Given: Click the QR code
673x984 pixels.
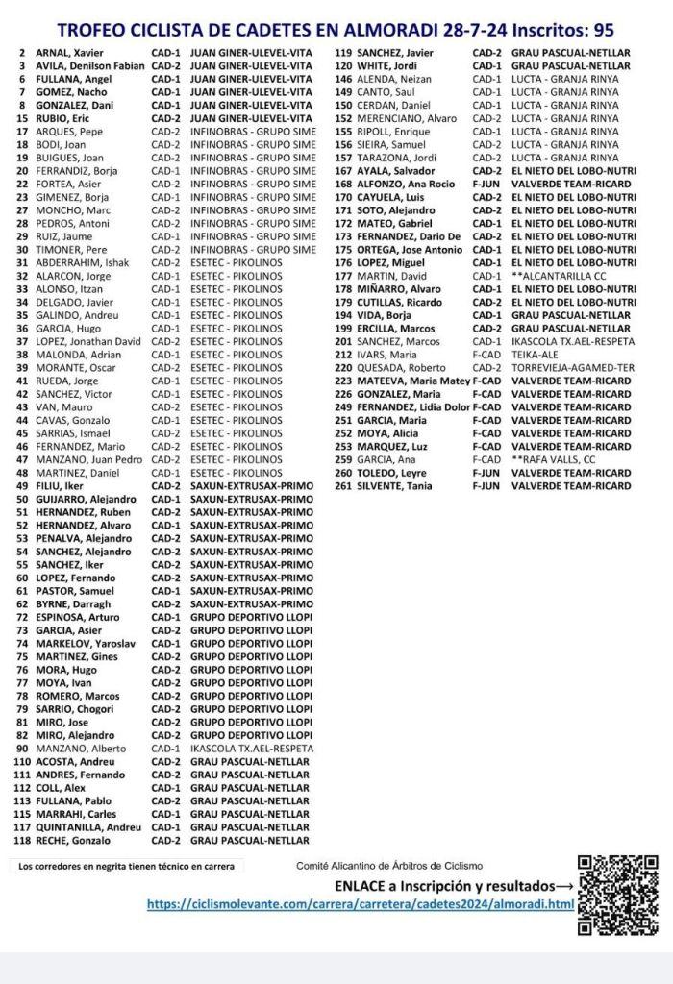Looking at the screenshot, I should (618, 894).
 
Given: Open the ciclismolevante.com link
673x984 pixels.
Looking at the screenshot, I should (361, 904).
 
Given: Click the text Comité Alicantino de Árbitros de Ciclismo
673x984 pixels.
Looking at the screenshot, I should (389, 866).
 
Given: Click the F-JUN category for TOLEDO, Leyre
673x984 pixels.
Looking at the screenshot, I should (486, 472).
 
